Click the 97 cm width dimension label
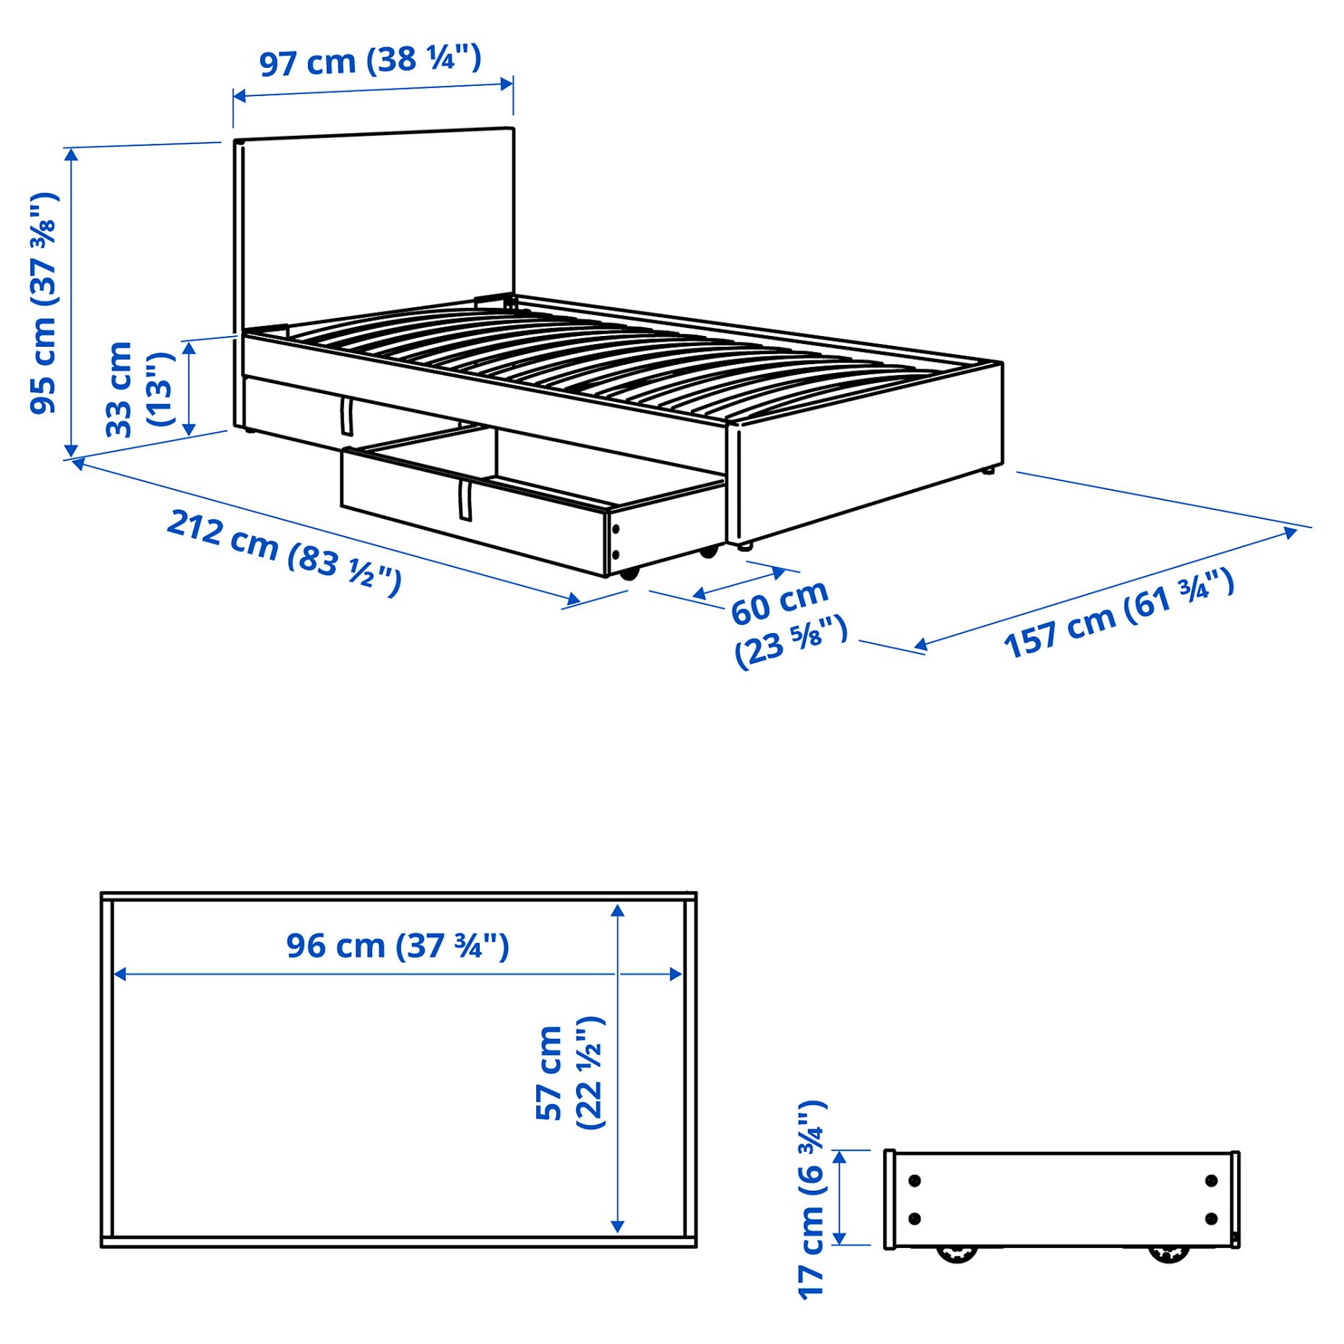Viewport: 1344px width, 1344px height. pyautogui.click(x=370, y=60)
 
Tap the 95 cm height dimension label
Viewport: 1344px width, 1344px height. pyautogui.click(x=43, y=303)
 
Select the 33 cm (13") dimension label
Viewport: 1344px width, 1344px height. pyautogui.click(x=140, y=389)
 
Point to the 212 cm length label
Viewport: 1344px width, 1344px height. pyautogui.click(x=284, y=551)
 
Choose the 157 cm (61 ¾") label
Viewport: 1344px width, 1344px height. pyautogui.click(x=1119, y=613)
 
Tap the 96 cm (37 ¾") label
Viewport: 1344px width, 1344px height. pyautogui.click(x=397, y=946)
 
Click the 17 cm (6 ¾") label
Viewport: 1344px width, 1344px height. pyautogui.click(x=811, y=1199)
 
